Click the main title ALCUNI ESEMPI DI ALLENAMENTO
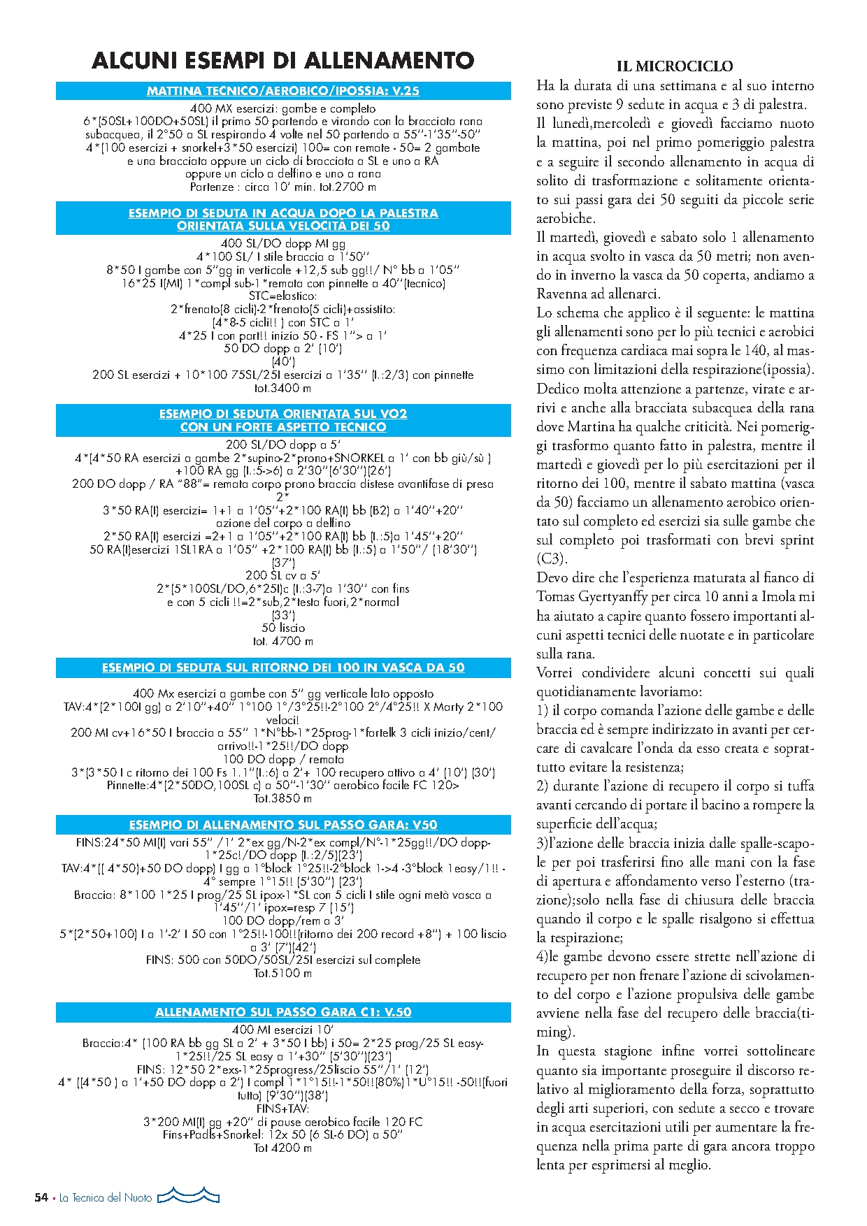(283, 61)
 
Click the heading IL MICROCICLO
(675, 66)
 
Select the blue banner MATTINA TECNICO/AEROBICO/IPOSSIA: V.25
(283, 91)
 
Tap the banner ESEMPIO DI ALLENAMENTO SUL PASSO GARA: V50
(283, 825)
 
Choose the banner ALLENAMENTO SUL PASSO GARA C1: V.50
(283, 1012)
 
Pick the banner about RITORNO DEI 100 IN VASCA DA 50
(283, 668)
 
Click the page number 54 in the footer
(41, 1197)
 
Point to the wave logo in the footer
(188, 1196)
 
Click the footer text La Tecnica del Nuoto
(106, 1197)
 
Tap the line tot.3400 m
(283, 388)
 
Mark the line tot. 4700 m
(283, 641)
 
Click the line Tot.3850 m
(283, 798)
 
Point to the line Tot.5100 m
(283, 973)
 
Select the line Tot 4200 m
(283, 1148)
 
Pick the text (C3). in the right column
(552, 559)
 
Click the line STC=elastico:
(283, 296)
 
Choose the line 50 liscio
(283, 628)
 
